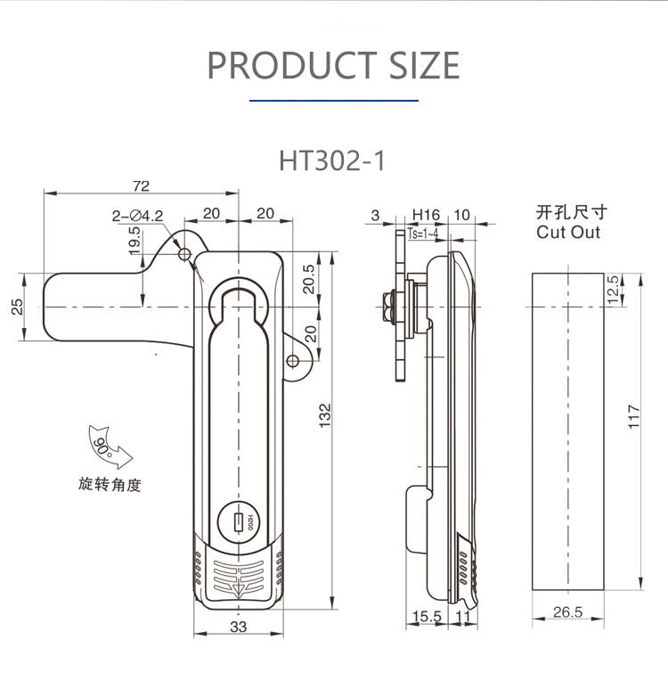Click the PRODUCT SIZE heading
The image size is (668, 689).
pyautogui.click(x=333, y=65)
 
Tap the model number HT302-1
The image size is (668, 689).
pyautogui.click(x=332, y=160)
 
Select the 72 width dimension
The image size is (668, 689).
pyautogui.click(x=141, y=186)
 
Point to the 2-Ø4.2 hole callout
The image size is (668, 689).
pyautogui.click(x=137, y=216)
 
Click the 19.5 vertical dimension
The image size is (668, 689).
pyautogui.click(x=134, y=241)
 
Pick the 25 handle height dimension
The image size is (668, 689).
pyautogui.click(x=17, y=307)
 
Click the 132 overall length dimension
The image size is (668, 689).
pyautogui.click(x=324, y=415)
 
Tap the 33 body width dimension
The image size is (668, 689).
pyautogui.click(x=239, y=627)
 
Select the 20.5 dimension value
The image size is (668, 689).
pyautogui.click(x=309, y=279)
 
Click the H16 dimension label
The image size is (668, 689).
pyautogui.click(x=426, y=215)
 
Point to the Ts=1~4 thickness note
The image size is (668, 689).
pyautogui.click(x=422, y=234)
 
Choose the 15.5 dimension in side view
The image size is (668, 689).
pyautogui.click(x=427, y=616)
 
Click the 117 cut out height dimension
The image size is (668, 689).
pyautogui.click(x=634, y=416)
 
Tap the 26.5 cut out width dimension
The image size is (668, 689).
pyautogui.click(x=567, y=611)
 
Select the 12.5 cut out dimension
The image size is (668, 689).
pyautogui.click(x=613, y=289)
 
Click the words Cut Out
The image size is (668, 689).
pyautogui.click(x=568, y=232)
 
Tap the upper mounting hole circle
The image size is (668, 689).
pyautogui.click(x=184, y=254)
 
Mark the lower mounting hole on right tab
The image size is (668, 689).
pyautogui.click(x=292, y=361)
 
